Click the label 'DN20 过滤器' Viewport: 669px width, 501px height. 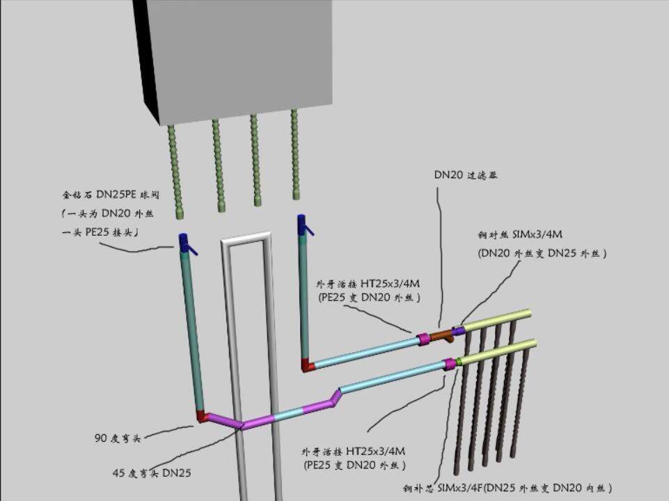tap(466, 175)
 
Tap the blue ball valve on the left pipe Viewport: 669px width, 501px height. tap(184, 243)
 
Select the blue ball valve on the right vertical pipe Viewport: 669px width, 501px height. tap(303, 225)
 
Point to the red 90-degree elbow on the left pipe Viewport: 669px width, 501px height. tap(203, 416)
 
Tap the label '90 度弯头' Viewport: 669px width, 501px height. tap(118, 438)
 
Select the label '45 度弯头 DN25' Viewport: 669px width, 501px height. tap(152, 473)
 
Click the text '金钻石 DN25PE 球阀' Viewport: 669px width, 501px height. tap(110, 195)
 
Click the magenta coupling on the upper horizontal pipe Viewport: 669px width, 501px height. tap(423, 340)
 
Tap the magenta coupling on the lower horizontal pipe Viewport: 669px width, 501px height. tap(450, 364)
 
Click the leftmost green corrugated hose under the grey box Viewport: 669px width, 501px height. tap(175, 167)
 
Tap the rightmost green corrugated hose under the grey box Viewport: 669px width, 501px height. tap(295, 153)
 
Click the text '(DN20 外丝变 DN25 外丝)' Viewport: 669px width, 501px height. tap(542, 254)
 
